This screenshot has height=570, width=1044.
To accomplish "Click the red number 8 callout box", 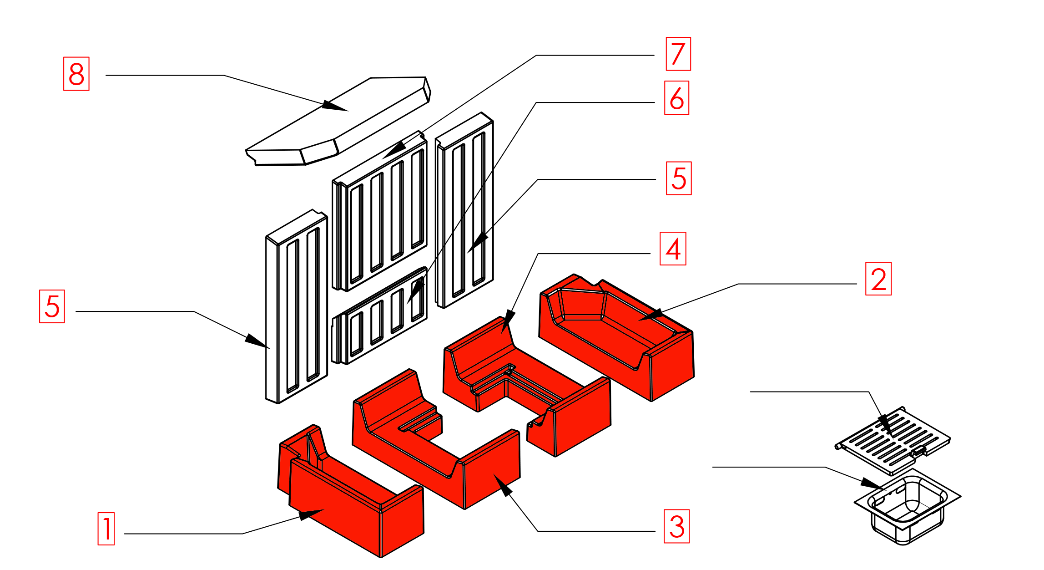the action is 76,74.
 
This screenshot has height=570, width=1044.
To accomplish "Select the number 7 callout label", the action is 678,54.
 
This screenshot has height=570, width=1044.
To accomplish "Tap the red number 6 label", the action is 677,98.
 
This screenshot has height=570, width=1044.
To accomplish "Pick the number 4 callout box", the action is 673,249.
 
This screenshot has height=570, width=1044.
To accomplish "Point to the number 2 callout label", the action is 878,279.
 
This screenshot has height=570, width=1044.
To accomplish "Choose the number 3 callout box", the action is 677,526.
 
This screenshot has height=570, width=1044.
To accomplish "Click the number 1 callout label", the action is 106,529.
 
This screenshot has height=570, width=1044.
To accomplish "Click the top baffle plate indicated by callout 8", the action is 338,121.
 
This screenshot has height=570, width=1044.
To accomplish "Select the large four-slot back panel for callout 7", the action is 380,211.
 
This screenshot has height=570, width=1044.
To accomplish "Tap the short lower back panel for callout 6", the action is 380,316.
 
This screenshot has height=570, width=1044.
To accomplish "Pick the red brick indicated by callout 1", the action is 351,491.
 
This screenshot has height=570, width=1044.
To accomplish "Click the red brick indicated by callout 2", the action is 617,337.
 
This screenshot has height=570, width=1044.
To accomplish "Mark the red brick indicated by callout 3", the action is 436,439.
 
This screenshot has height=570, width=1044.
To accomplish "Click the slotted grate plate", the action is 893,440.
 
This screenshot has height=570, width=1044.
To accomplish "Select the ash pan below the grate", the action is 908,506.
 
